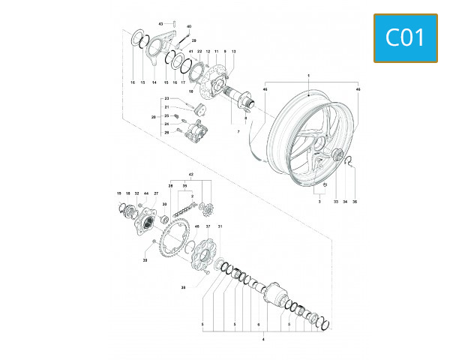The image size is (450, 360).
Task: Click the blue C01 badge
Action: pyautogui.click(x=405, y=38)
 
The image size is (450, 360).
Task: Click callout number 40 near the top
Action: pyautogui.click(x=188, y=26)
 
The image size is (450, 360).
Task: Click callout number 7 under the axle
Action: pyautogui.click(x=238, y=131)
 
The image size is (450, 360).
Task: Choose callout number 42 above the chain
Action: pyautogui.click(x=191, y=172)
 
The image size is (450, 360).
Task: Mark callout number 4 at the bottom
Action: pyautogui.click(x=262, y=340)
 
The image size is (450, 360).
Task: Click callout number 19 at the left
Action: pyautogui.click(x=118, y=193)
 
